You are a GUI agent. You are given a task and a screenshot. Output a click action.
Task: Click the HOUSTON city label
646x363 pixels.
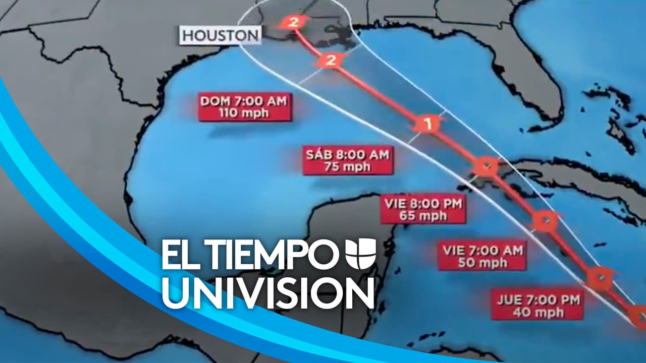point(221,36)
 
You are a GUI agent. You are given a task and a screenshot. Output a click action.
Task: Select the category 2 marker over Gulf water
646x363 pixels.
point(331,61)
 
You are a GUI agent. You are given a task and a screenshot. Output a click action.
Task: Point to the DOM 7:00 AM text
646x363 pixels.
point(244,101)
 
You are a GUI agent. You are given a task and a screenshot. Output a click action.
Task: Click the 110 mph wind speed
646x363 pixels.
point(244,113)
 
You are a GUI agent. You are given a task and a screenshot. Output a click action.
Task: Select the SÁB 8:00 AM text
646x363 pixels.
point(348,155)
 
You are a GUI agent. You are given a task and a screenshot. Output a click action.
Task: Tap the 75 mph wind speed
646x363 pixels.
point(348,167)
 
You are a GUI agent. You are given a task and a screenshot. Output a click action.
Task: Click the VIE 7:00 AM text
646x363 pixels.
point(482,250)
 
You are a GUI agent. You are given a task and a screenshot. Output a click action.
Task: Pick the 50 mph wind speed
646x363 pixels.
point(482,262)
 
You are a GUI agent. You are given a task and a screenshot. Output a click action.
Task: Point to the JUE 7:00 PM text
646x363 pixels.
point(538,300)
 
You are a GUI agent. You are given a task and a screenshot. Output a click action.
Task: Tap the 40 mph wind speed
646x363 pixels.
point(538,312)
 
